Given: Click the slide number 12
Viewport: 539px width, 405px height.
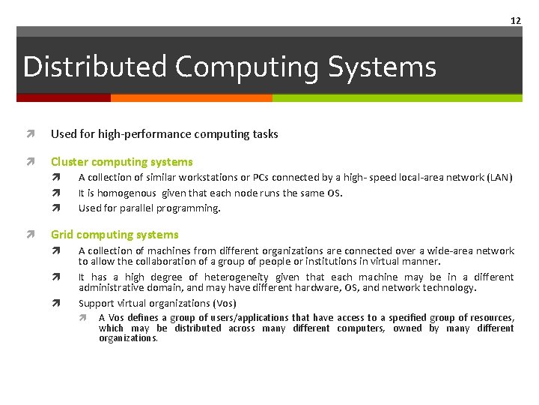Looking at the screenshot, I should click(x=515, y=20).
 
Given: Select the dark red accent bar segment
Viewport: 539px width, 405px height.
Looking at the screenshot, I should click(x=64, y=97).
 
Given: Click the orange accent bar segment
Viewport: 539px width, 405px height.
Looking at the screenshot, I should click(x=191, y=97).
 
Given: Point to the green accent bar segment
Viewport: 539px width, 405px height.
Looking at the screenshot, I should click(x=397, y=97).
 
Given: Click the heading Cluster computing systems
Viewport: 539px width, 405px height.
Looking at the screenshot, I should click(x=121, y=162).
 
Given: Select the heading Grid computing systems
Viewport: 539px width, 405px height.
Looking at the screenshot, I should click(x=115, y=235).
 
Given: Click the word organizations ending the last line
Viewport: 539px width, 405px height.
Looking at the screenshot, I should click(x=128, y=338).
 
